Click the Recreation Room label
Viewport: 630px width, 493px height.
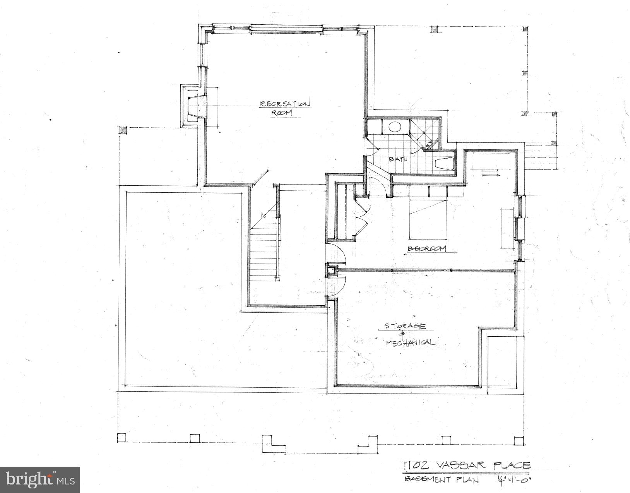tap(284, 108)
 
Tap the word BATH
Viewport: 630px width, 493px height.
tap(397, 159)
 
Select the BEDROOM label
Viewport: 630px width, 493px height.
tap(427, 249)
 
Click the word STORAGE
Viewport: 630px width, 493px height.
tap(405, 326)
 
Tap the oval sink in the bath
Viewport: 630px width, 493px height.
tap(395, 127)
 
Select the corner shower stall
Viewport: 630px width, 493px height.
tap(425, 134)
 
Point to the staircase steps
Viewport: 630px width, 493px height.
tap(264, 252)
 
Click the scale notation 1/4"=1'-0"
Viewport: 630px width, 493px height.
tap(513, 480)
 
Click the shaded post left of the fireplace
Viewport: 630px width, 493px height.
tap(123, 130)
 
